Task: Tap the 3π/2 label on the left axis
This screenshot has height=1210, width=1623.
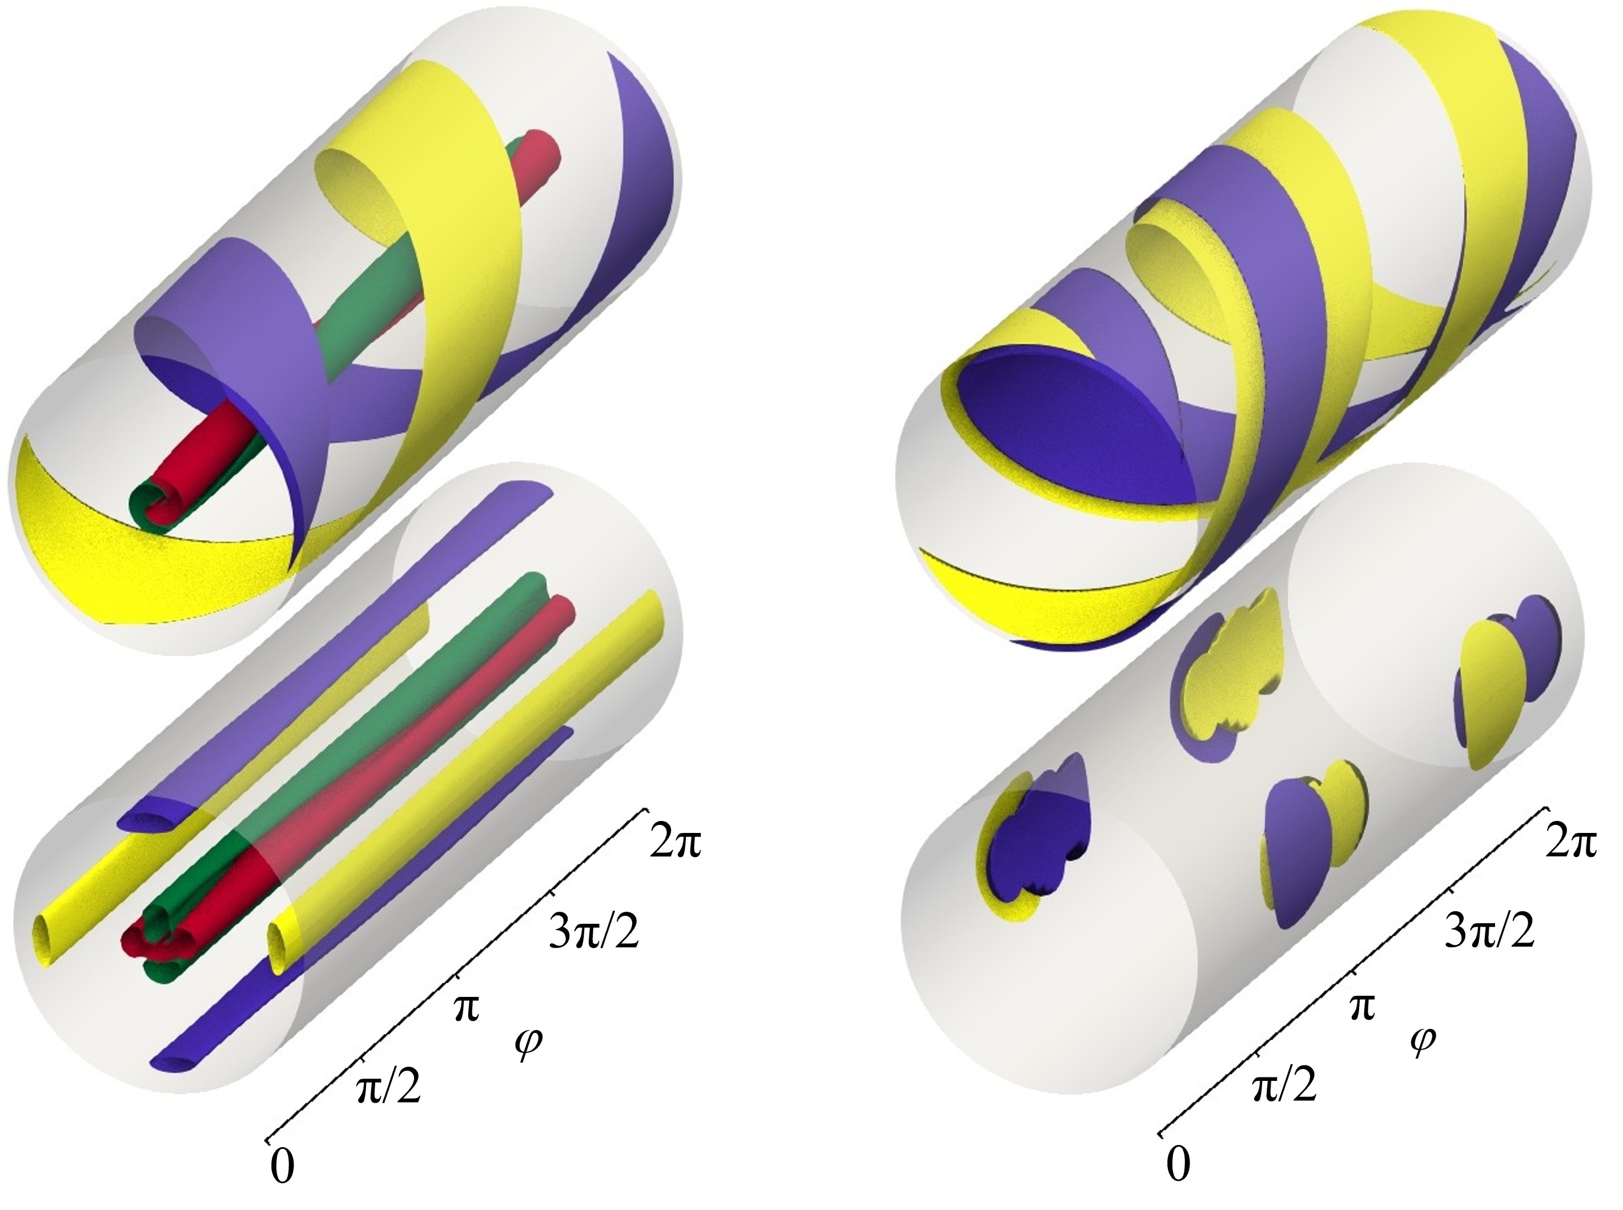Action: click(593, 935)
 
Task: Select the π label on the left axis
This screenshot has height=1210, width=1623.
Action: click(465, 1007)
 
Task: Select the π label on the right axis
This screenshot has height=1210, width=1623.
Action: click(1361, 1007)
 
